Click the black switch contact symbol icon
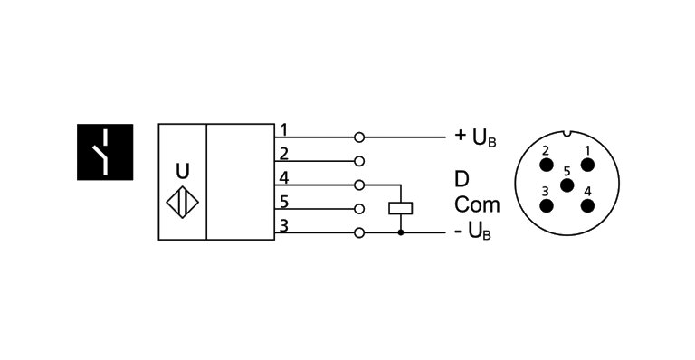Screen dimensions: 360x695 coord(105,152)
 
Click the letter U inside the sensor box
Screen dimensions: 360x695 coord(183,170)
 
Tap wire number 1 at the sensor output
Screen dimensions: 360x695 coord(283,128)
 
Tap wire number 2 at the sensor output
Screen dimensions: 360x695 coord(283,153)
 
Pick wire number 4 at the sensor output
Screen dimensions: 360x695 coord(283,176)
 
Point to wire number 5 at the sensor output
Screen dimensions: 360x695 coord(283,201)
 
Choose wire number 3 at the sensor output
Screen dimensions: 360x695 coord(283,224)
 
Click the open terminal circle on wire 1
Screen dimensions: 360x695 coord(359,137)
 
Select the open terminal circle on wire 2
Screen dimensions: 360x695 coord(359,162)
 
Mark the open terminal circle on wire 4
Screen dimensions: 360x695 coord(359,185)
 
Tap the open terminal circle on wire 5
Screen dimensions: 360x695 coord(359,209)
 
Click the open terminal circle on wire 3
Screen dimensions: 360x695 coord(359,233)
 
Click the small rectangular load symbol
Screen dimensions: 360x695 coord(401,208)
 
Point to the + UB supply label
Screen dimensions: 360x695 coord(475,137)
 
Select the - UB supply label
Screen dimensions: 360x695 coord(473,233)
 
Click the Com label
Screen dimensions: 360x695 coord(477,204)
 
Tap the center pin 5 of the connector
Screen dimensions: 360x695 coord(567,185)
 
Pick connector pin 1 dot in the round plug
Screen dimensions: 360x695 coord(588,165)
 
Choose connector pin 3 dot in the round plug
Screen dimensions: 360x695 coord(547,204)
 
